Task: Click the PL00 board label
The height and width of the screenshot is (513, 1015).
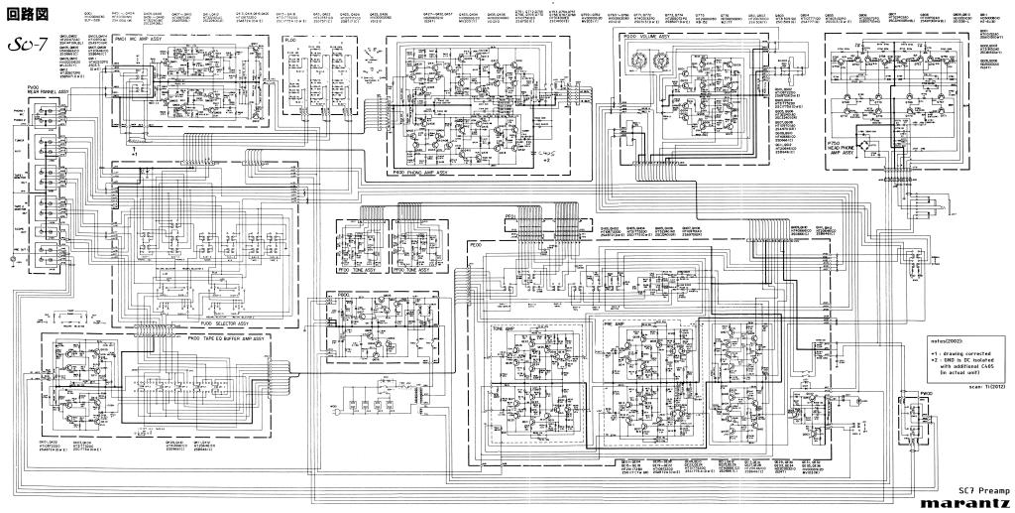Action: pos(291,40)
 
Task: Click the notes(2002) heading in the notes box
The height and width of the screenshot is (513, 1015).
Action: pos(948,340)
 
